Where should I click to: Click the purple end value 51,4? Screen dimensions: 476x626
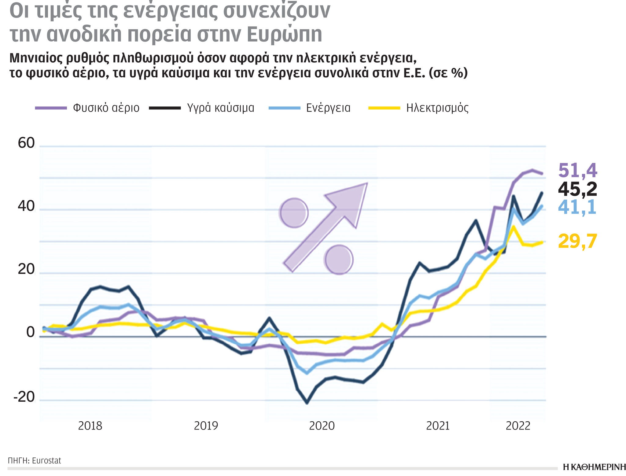coord(577,170)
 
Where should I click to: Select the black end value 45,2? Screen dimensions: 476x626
coord(577,189)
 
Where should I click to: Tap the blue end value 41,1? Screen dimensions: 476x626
coord(577,207)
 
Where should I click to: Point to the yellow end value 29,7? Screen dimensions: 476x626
coord(577,241)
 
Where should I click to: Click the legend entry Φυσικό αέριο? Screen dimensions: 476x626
coord(106,108)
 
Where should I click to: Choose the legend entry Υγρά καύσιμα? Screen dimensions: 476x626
coord(220,108)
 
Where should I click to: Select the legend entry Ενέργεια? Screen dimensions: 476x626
coord(328,108)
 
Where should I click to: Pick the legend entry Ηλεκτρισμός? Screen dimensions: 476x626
coord(437,108)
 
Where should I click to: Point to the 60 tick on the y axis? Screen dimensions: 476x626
coord(26,143)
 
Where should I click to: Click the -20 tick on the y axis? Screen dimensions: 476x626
coord(24,397)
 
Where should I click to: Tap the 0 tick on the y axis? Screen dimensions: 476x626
coord(31,333)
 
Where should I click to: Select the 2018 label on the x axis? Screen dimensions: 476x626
coord(90,426)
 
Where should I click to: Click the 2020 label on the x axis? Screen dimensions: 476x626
coord(322,426)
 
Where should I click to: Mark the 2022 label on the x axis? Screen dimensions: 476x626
coord(518,426)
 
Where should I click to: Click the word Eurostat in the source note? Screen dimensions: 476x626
coord(46,461)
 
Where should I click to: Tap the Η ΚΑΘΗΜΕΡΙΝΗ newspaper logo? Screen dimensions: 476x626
coord(594,467)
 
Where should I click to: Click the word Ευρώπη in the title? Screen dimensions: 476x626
coord(284,34)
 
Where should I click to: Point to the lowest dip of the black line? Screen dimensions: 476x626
coord(307,403)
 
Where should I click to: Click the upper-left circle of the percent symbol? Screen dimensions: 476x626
coord(294,213)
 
